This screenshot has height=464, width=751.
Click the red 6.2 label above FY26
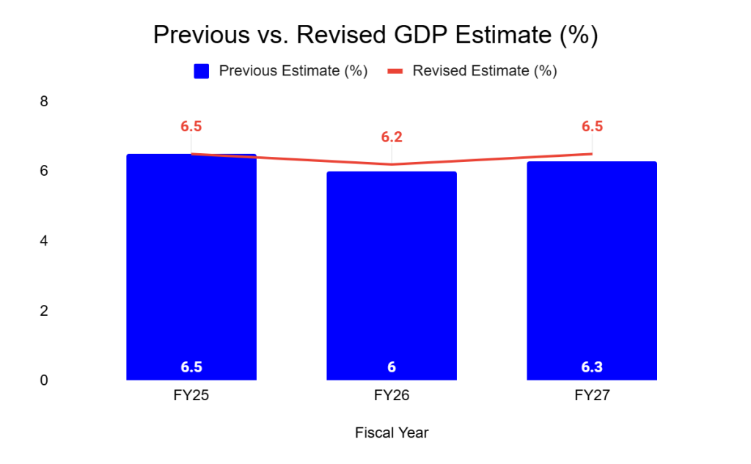pyautogui.click(x=392, y=137)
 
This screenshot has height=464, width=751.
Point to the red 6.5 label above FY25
pyautogui.click(x=191, y=126)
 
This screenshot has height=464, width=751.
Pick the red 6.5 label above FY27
pyautogui.click(x=592, y=126)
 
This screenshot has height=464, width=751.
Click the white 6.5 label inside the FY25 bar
pyautogui.click(x=191, y=367)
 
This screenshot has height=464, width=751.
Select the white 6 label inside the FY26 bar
pyautogui.click(x=392, y=367)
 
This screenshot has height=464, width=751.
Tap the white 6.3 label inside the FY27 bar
pyautogui.click(x=592, y=367)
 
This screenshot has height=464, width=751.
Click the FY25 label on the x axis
pyautogui.click(x=191, y=396)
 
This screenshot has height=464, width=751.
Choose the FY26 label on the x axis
pyautogui.click(x=392, y=396)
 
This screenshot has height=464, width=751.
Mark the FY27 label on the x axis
pyautogui.click(x=592, y=396)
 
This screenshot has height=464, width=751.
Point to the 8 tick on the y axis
pyautogui.click(x=44, y=101)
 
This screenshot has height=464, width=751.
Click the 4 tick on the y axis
pyautogui.click(x=44, y=241)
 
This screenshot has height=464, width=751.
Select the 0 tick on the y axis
pyautogui.click(x=44, y=380)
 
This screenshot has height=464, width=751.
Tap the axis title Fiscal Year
pyautogui.click(x=392, y=433)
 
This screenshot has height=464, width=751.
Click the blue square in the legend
pyautogui.click(x=202, y=71)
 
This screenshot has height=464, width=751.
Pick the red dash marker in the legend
pyautogui.click(x=395, y=71)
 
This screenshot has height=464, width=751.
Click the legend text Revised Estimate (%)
pyautogui.click(x=485, y=71)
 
